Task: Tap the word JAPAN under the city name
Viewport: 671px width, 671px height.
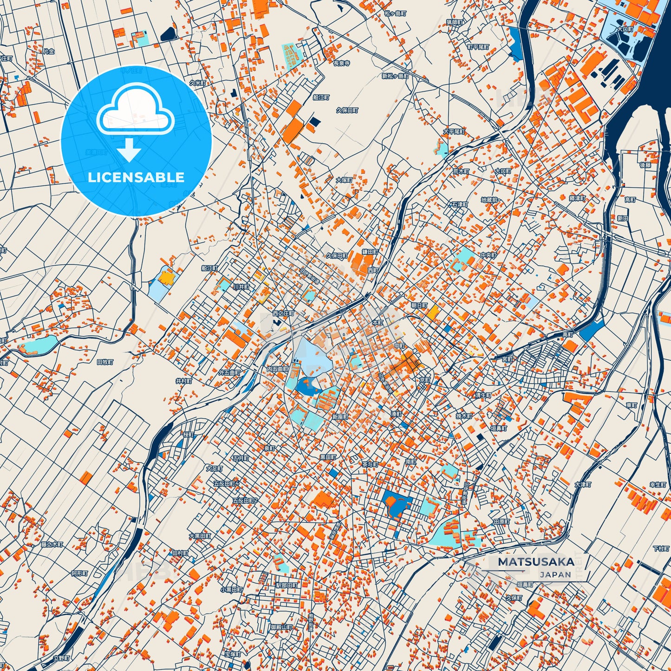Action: click(555, 574)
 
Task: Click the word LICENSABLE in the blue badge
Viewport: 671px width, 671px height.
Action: click(136, 177)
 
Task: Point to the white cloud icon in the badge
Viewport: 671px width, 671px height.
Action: click(136, 111)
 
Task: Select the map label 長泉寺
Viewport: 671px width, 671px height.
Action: click(341, 63)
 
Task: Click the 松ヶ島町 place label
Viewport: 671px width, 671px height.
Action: click(395, 13)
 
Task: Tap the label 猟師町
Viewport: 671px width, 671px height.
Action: click(455, 22)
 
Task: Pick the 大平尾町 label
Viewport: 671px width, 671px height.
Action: click(454, 132)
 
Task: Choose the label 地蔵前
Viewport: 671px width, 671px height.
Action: click(489, 200)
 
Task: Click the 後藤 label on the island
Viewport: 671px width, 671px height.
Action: click(645, 165)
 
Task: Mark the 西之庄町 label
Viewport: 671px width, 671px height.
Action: click(283, 313)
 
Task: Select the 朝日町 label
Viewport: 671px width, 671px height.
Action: click(419, 306)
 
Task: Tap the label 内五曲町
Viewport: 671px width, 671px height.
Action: click(278, 369)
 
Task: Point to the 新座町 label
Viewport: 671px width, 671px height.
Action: click(340, 417)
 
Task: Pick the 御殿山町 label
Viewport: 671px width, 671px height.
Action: click(281, 627)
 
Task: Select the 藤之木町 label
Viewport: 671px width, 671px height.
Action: click(52, 544)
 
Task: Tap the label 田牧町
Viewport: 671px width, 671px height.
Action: click(105, 362)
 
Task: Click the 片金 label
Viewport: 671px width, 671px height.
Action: click(49, 52)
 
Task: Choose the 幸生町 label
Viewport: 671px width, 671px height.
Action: click(658, 484)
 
